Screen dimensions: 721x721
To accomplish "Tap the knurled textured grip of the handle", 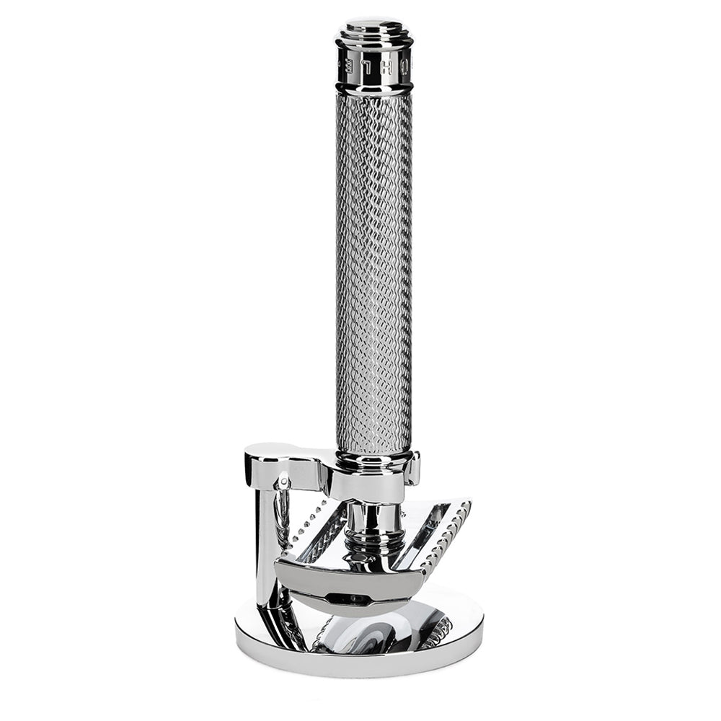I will pyautogui.click(x=373, y=274).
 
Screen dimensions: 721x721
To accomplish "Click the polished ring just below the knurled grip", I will pyautogui.click(x=373, y=459).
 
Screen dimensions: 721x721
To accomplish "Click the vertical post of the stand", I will pyautogui.click(x=265, y=548).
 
